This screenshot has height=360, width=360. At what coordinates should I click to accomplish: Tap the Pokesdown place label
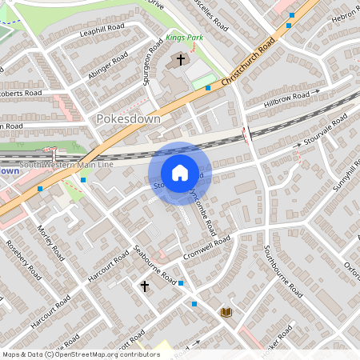click(x=128, y=118)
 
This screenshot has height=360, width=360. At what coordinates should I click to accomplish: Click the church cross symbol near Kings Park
click(x=181, y=60)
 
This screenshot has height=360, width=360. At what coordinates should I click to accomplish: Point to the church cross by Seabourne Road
click(x=145, y=286)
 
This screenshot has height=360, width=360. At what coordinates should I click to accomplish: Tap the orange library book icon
click(x=226, y=311)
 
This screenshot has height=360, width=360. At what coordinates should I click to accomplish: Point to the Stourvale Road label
click(x=324, y=130)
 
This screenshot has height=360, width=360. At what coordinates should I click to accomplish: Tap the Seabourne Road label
click(x=155, y=265)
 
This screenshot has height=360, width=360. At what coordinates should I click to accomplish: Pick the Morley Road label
click(x=50, y=242)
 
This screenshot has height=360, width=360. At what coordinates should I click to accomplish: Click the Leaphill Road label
click(x=103, y=30)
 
